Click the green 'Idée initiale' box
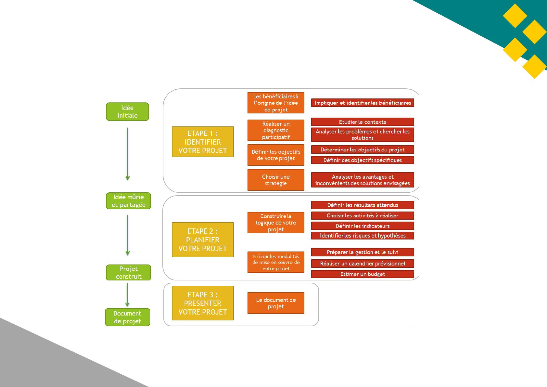(127, 112)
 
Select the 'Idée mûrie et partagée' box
(128, 201)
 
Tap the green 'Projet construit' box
(128, 272)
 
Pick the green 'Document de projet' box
(127, 317)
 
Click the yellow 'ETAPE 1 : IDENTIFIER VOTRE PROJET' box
(203, 142)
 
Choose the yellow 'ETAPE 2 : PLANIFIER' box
(203, 240)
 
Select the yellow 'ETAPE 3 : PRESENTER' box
(203, 303)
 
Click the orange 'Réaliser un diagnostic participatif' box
(276, 130)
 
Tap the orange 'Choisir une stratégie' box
(276, 180)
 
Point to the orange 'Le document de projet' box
(276, 303)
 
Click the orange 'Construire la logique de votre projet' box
(276, 223)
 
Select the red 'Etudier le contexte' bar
(363, 122)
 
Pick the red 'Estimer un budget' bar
(363, 274)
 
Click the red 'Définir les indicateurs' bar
(363, 226)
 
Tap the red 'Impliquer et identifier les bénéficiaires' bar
(363, 103)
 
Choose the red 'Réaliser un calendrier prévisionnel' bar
(363, 264)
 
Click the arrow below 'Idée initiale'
(127, 154)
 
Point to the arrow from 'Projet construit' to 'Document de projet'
(127, 295)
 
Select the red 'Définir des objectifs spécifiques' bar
(363, 160)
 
